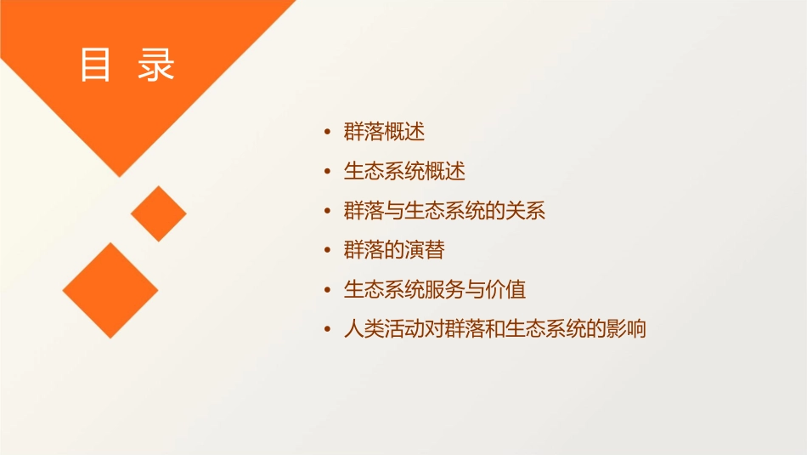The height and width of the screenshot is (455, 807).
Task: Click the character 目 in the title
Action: point(95,65)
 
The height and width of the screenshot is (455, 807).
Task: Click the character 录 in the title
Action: point(156,65)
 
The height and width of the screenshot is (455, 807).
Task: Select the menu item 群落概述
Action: point(384,132)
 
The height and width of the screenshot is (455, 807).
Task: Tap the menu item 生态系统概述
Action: point(404,171)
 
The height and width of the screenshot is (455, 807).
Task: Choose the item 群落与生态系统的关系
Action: point(444,211)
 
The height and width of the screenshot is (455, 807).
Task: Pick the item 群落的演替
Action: point(394,250)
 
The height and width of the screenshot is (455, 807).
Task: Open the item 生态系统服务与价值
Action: point(435,289)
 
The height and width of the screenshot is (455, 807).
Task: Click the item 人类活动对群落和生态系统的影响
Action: point(494,329)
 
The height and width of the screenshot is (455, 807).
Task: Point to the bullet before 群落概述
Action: point(328,133)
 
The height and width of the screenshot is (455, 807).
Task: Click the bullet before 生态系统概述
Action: point(328,172)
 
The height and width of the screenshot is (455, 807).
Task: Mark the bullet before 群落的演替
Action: point(328,251)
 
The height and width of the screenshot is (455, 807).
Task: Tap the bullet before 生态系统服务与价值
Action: point(328,290)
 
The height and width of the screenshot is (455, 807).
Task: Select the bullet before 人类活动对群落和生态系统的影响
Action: point(328,330)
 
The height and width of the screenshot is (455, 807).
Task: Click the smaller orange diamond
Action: point(159,213)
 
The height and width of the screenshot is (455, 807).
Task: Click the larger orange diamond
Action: point(110,290)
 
